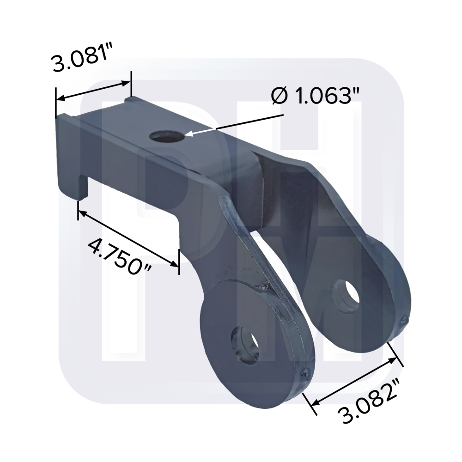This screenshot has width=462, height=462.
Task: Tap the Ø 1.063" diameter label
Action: (316, 96)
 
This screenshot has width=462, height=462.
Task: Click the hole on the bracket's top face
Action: (166, 137)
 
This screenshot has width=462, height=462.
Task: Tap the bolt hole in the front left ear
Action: (244, 345)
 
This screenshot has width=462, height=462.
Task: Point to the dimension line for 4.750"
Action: (128, 237)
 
